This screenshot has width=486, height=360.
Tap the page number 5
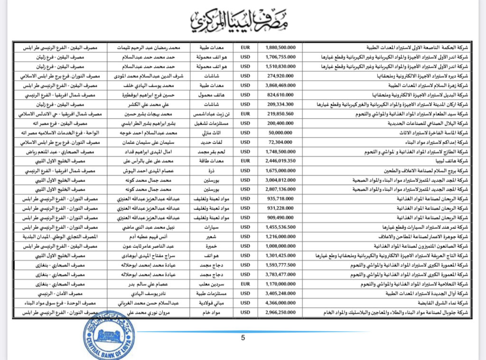243,338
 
